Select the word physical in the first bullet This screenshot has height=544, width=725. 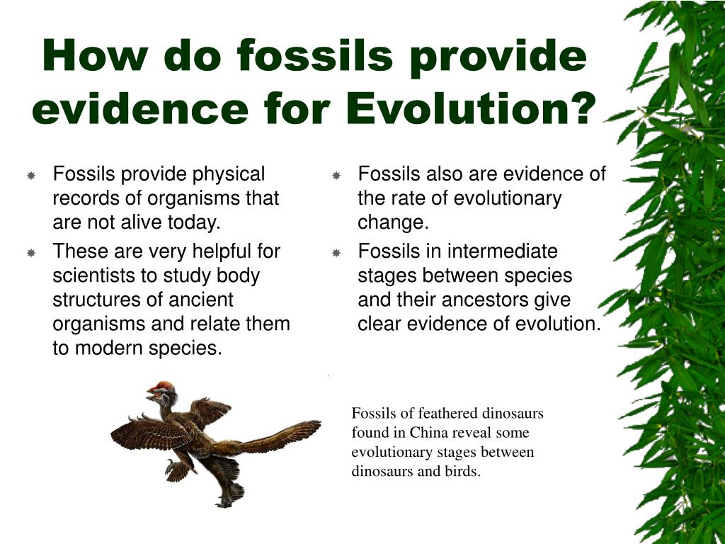229,175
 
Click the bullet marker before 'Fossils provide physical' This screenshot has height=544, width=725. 31,176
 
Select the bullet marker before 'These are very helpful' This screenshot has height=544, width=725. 31,253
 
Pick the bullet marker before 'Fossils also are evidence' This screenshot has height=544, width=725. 336,176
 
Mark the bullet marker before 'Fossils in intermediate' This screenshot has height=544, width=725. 336,253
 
